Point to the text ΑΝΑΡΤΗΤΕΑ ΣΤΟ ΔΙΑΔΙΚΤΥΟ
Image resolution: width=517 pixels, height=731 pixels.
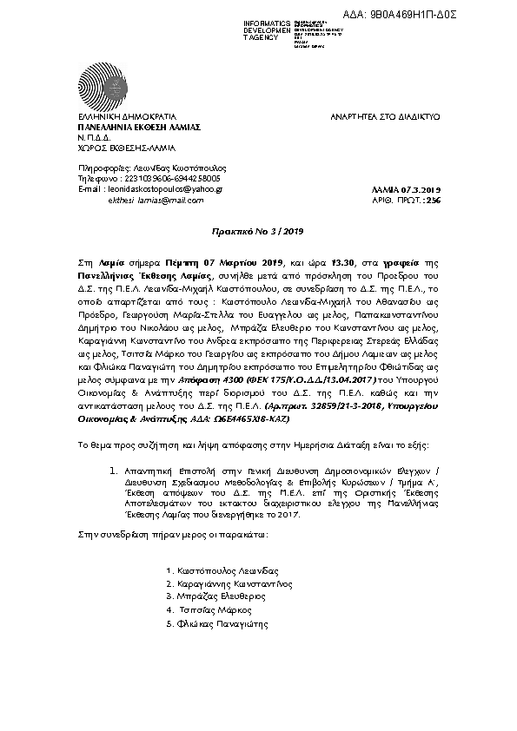[x=386, y=116]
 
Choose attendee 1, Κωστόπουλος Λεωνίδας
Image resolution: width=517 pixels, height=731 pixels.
[x=222, y=570]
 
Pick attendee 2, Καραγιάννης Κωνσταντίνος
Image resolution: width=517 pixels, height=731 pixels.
[x=227, y=584]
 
